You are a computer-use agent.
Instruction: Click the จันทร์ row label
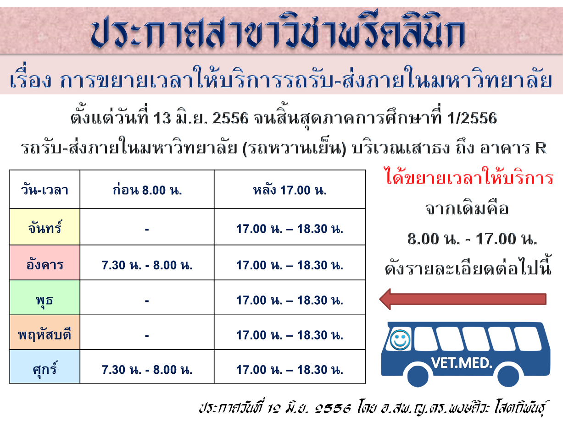(45, 227)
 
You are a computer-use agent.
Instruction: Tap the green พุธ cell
(45, 298)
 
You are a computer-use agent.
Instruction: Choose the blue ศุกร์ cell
(45, 366)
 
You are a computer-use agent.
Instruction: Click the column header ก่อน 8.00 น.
(147, 190)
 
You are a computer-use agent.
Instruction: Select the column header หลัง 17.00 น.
(290, 190)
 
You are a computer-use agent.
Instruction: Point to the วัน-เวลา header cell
(45, 190)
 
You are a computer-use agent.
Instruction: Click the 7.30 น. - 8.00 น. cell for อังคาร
(147, 265)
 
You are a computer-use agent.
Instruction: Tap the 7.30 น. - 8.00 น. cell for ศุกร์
(147, 370)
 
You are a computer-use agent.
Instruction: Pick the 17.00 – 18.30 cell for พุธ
(290, 300)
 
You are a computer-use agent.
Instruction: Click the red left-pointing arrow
(463, 299)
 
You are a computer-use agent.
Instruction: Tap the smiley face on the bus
(400, 340)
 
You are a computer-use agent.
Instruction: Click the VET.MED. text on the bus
(462, 363)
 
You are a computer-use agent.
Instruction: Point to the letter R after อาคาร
(541, 148)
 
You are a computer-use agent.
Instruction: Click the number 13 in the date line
(162, 118)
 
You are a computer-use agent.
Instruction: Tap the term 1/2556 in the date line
(472, 118)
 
